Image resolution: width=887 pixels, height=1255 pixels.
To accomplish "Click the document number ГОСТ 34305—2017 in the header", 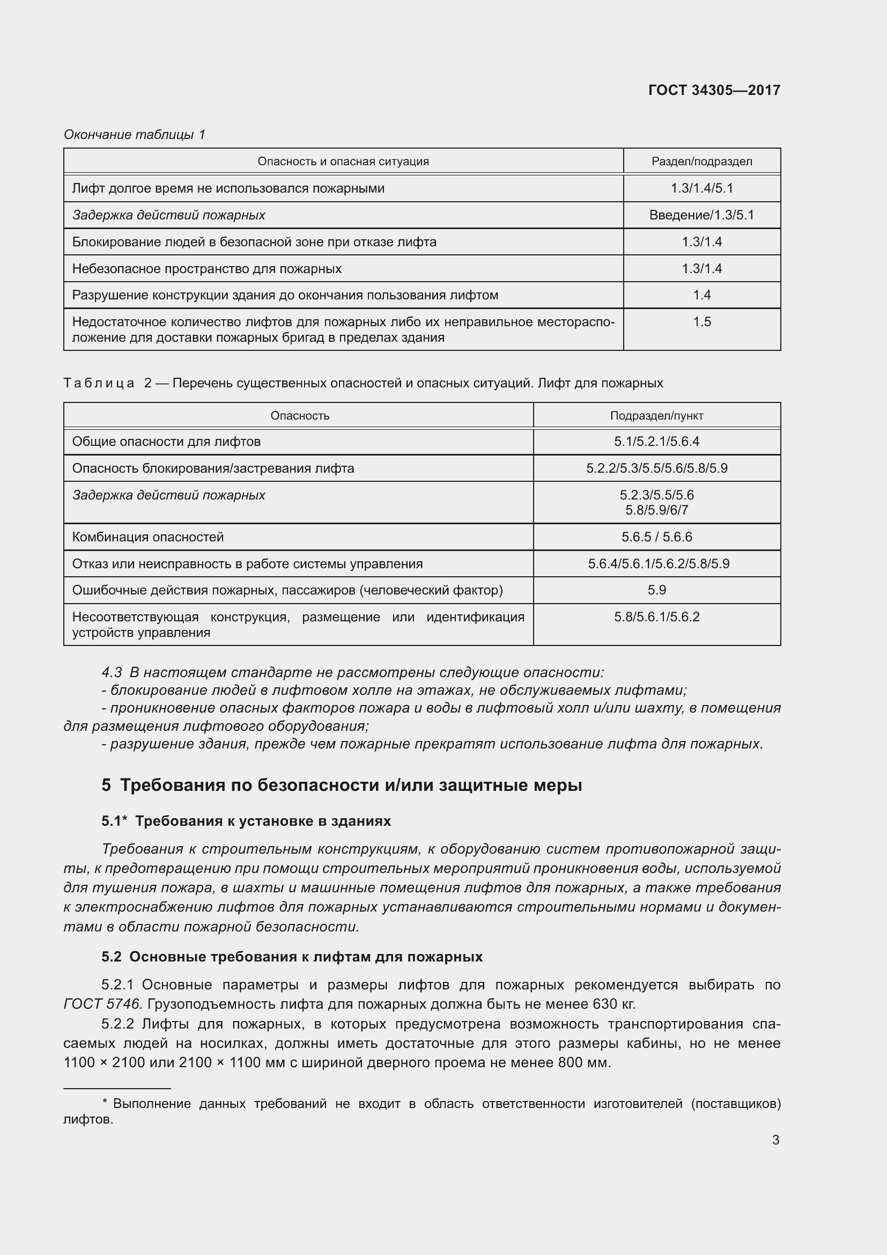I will click(714, 90).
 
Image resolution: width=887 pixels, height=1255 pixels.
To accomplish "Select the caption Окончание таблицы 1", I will click(135, 135).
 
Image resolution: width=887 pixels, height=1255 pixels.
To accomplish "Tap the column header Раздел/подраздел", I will click(701, 162).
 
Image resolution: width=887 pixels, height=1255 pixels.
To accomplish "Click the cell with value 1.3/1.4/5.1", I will click(701, 188).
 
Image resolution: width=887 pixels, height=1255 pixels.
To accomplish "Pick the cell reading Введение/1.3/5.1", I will click(701, 215).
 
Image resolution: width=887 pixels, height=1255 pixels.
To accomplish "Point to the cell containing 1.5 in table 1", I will click(701, 322).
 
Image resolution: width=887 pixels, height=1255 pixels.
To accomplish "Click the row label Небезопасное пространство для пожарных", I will click(206, 268).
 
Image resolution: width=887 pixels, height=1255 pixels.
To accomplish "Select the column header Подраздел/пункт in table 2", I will click(656, 415).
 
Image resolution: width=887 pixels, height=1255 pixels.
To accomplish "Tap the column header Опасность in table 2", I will click(299, 415).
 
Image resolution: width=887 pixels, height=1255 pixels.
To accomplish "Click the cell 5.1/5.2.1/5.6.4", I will click(656, 442).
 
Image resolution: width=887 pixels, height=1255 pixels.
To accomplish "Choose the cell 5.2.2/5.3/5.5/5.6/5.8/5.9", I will click(656, 468).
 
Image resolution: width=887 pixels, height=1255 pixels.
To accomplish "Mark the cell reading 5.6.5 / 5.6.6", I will click(656, 537).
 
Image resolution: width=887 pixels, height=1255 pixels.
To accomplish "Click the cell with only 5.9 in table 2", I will click(656, 590).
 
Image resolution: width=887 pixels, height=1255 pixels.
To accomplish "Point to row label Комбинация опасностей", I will click(147, 537).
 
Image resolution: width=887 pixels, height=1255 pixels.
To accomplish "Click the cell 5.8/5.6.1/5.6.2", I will click(656, 617).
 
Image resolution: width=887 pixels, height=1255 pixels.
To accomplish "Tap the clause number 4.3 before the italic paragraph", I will click(112, 672).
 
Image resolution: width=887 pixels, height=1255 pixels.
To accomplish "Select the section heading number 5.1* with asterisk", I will click(114, 821).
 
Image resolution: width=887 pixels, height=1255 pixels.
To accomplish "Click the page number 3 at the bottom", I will click(775, 1140).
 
